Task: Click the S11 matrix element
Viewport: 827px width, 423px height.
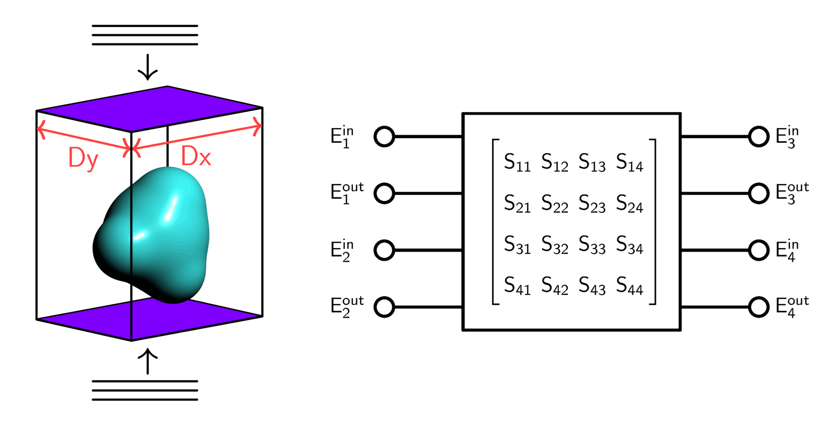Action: point(517,162)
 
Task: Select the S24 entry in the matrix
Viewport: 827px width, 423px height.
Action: point(629,204)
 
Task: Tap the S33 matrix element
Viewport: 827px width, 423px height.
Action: point(592,245)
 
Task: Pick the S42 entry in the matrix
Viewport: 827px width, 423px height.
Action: point(554,286)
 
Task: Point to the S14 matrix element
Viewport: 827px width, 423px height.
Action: point(629,162)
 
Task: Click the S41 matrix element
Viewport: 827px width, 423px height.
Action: point(517,286)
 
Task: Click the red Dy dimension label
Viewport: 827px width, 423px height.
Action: point(83,158)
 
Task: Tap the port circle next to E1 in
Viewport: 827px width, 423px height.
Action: point(384,137)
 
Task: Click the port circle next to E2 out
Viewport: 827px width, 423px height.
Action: point(384,307)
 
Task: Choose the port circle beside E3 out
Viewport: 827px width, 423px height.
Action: point(759,193)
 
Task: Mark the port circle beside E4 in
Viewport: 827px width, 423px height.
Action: point(759,250)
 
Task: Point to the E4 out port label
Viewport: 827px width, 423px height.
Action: point(792,307)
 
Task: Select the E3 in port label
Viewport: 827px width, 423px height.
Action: point(787,137)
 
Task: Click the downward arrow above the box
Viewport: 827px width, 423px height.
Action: point(148,67)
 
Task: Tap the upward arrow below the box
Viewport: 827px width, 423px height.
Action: point(148,361)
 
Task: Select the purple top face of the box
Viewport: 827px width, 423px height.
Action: point(149,109)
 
